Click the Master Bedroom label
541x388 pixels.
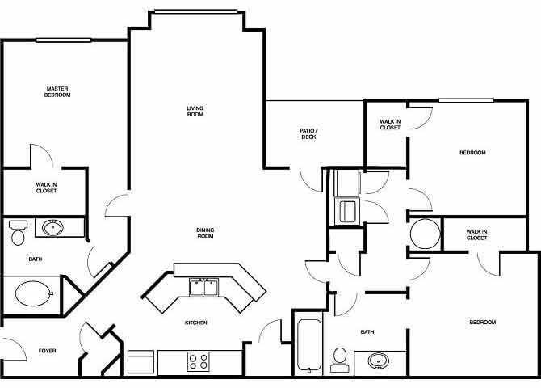click(x=57, y=91)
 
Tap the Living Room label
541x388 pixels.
click(x=195, y=112)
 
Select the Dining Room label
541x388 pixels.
click(x=205, y=233)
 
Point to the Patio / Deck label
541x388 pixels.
click(x=308, y=133)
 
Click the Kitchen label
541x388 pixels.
click(x=196, y=323)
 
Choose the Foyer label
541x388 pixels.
click(x=47, y=350)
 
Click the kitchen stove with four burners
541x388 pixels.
click(x=198, y=361)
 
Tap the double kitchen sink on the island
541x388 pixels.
click(x=203, y=287)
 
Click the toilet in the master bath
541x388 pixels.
click(x=18, y=234)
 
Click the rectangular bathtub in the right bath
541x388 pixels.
click(x=308, y=345)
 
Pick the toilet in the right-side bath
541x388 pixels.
click(x=339, y=360)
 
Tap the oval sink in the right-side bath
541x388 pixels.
click(x=377, y=360)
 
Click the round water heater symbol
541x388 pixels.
click(x=425, y=235)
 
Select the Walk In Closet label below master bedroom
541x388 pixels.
click(x=46, y=188)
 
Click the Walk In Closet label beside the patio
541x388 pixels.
click(x=390, y=124)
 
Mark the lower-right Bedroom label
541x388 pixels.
click(x=483, y=323)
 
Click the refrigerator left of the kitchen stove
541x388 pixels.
click(x=141, y=361)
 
